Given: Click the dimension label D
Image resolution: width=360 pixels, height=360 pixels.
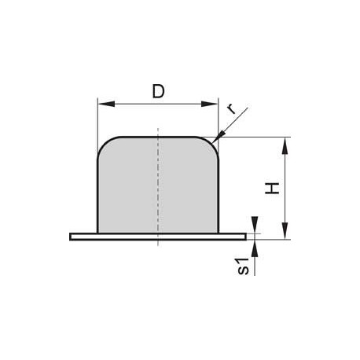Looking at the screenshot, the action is click(x=158, y=91).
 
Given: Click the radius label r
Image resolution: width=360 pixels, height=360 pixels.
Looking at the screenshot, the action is click(x=231, y=109).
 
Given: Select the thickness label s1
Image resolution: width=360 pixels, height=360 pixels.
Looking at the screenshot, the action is click(x=243, y=266).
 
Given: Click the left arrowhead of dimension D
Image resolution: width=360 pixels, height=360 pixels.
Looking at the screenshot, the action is click(x=106, y=104).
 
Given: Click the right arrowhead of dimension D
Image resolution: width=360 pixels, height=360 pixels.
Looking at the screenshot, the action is click(x=209, y=104).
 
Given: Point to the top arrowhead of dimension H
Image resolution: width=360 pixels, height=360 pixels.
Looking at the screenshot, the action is click(x=285, y=145).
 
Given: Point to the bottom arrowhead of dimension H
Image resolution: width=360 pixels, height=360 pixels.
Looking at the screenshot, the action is click(x=285, y=230).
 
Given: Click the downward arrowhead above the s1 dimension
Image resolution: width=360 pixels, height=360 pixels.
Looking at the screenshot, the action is click(x=255, y=225).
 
